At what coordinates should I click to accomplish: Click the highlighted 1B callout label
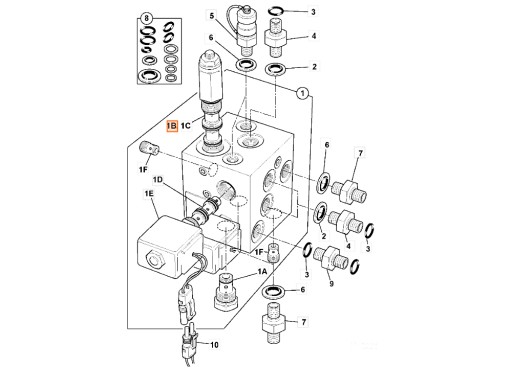pyautogui.click(x=172, y=127)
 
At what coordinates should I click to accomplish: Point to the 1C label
pyautogui.click(x=188, y=127)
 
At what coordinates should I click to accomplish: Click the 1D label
pyautogui.click(x=158, y=180)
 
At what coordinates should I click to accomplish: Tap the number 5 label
pyautogui.click(x=211, y=16)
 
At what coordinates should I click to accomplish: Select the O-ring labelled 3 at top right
pyautogui.click(x=284, y=13)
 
